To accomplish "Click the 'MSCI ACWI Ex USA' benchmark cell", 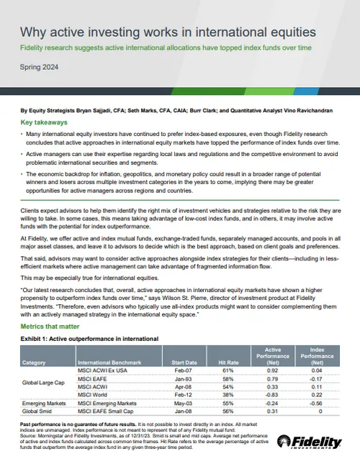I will point(102,372).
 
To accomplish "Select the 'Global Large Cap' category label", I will point(44,386).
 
